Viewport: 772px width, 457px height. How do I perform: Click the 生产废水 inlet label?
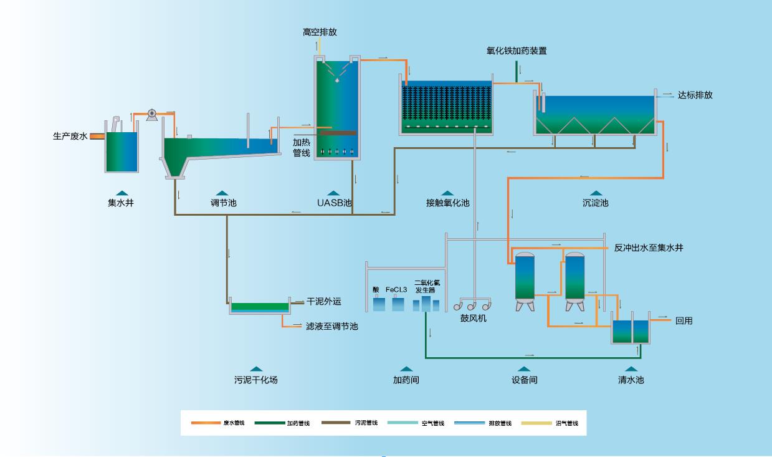70,136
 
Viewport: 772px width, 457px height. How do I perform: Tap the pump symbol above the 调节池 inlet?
151,114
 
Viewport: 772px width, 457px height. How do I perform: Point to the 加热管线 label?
302,147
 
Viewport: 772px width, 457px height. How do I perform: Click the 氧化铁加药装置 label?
517,51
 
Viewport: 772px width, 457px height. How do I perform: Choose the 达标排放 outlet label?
695,95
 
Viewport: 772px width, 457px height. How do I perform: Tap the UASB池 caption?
335,203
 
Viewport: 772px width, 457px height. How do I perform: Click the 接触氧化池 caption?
447,203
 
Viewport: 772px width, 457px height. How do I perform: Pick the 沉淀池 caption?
595,203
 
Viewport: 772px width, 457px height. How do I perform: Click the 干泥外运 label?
323,302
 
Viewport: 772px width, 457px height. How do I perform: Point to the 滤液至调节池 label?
331,326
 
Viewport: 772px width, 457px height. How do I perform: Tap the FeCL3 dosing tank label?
396,290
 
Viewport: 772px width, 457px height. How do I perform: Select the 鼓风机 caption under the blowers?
473,319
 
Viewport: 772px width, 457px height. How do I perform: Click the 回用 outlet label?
684,321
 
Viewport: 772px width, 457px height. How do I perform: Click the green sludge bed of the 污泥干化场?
260,306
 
